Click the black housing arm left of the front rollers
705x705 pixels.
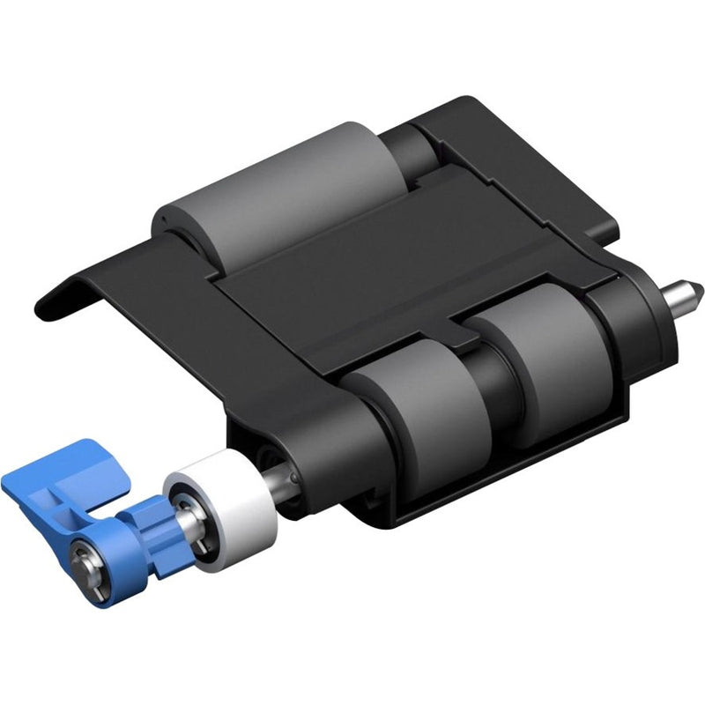point(291,397)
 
